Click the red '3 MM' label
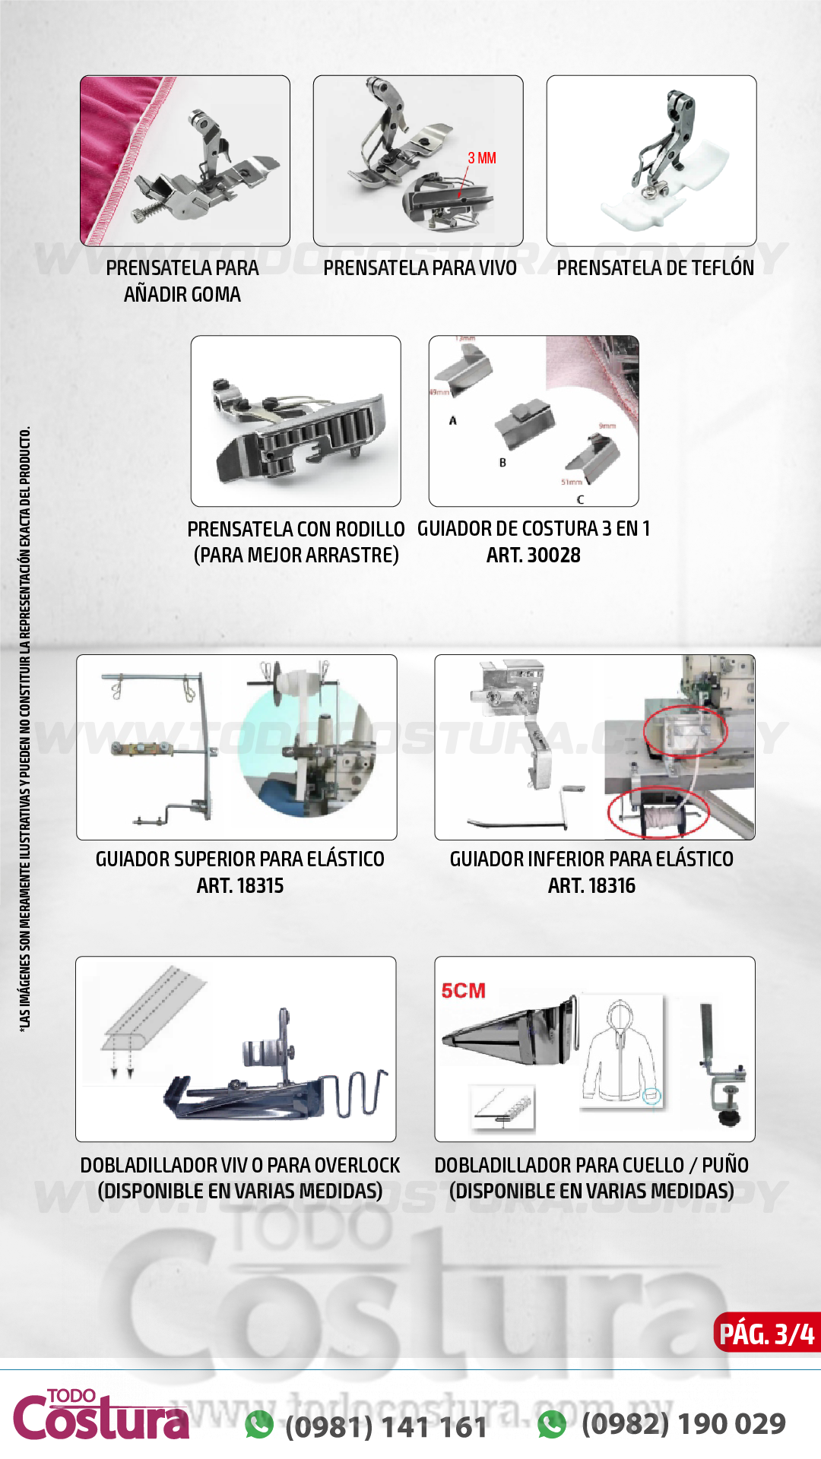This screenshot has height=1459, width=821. click(x=482, y=158)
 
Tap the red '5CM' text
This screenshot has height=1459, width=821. click(x=463, y=991)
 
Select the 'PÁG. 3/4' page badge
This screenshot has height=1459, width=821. click(x=766, y=1334)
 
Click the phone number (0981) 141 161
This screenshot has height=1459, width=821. click(x=386, y=1426)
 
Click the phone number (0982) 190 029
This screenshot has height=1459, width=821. click(x=683, y=1423)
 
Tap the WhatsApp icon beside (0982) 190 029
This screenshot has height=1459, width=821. click(x=552, y=1424)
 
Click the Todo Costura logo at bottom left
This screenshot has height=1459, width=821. click(x=101, y=1416)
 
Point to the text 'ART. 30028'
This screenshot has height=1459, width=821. click(x=533, y=555)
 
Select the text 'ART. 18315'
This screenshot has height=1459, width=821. click(x=239, y=886)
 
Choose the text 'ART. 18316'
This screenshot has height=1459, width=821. click(x=591, y=886)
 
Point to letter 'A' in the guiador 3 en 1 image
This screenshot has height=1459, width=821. click(x=453, y=420)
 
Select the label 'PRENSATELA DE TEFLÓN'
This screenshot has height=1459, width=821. click(x=655, y=268)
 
